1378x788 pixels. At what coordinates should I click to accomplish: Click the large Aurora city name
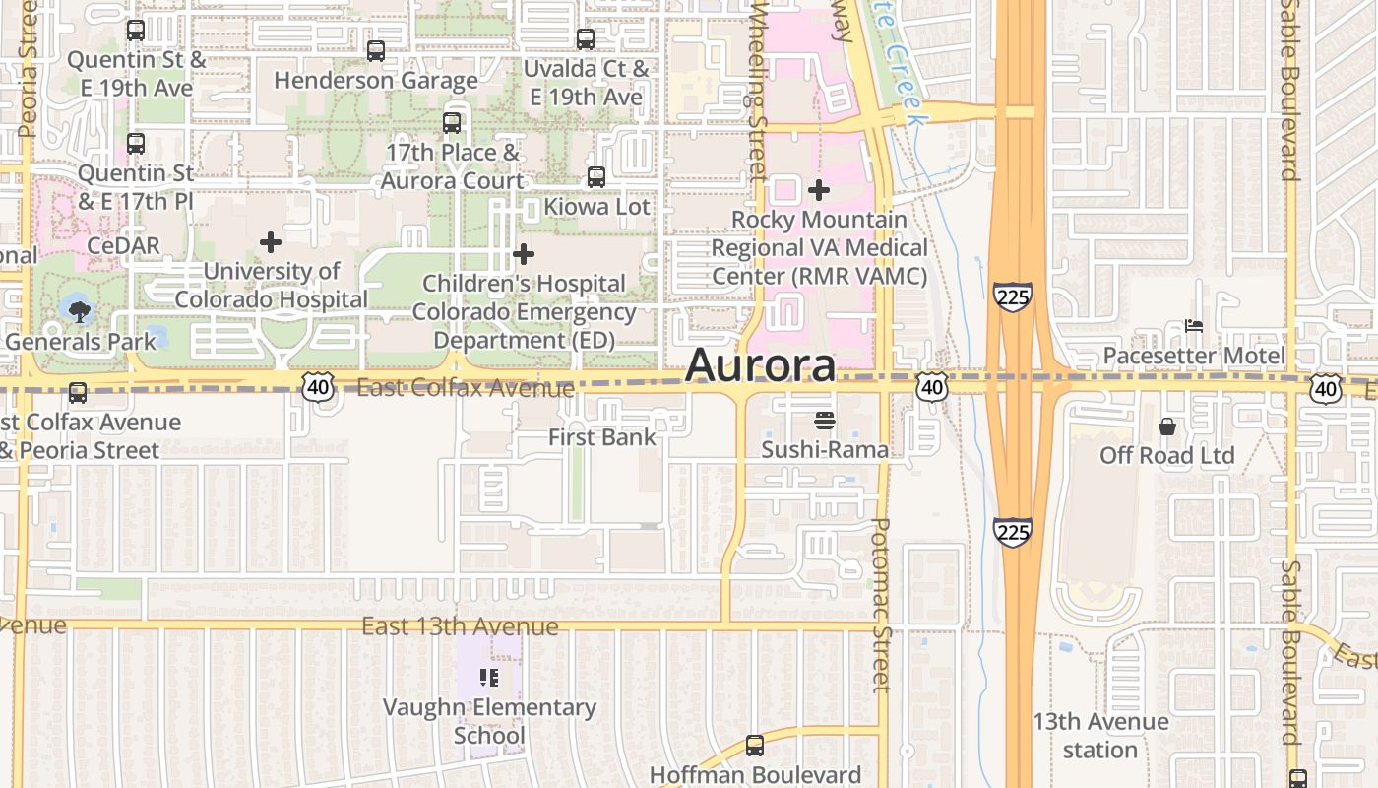[760, 364]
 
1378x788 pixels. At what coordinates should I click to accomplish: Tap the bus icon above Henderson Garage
[376, 51]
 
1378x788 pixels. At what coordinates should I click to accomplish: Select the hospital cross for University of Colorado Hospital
[271, 242]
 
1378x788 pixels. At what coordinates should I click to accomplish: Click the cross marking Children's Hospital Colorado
[524, 255]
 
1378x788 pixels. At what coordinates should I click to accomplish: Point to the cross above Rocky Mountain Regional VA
[819, 190]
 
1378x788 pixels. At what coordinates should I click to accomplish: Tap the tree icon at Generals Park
[79, 312]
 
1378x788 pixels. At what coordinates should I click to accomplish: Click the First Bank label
[601, 437]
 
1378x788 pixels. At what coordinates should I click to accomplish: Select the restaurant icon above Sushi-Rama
[825, 421]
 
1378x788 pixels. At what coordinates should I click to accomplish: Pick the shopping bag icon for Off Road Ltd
[1167, 427]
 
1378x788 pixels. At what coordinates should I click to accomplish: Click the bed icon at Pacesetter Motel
[1194, 326]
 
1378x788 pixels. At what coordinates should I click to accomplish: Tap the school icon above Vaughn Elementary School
[489, 678]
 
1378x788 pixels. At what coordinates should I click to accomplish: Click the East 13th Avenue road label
[460, 626]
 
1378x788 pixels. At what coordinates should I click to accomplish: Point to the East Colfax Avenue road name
[465, 388]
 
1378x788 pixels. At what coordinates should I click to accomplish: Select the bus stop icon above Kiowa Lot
[596, 177]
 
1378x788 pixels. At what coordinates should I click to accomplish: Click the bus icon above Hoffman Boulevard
[755, 746]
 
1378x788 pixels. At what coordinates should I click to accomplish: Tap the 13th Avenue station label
[1100, 736]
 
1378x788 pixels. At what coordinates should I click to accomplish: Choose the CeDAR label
[123, 244]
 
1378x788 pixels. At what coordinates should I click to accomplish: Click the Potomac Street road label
[881, 605]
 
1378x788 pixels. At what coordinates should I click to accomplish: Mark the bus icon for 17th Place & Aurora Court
[452, 123]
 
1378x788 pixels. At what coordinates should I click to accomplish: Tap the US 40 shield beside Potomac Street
[931, 388]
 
